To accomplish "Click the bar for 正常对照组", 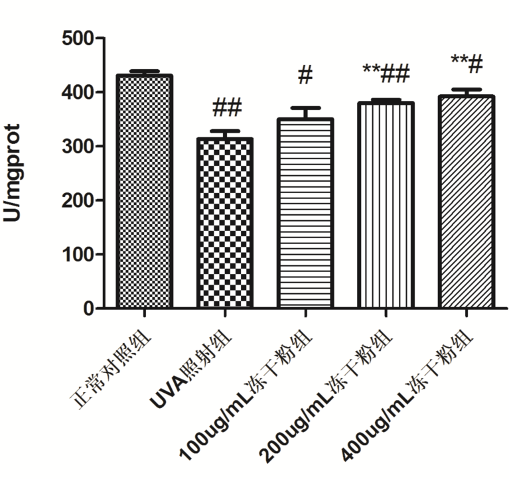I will point(144,192).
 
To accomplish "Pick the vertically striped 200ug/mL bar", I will point(385,205).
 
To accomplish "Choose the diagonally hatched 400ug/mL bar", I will point(465,202).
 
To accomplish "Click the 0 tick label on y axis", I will point(87,308).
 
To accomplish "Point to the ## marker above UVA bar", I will point(227,107).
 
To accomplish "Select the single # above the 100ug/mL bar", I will point(305,75).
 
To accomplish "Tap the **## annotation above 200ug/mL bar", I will point(386,72).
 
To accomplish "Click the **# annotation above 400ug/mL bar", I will point(467,63).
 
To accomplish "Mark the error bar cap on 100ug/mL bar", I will point(305,107).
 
